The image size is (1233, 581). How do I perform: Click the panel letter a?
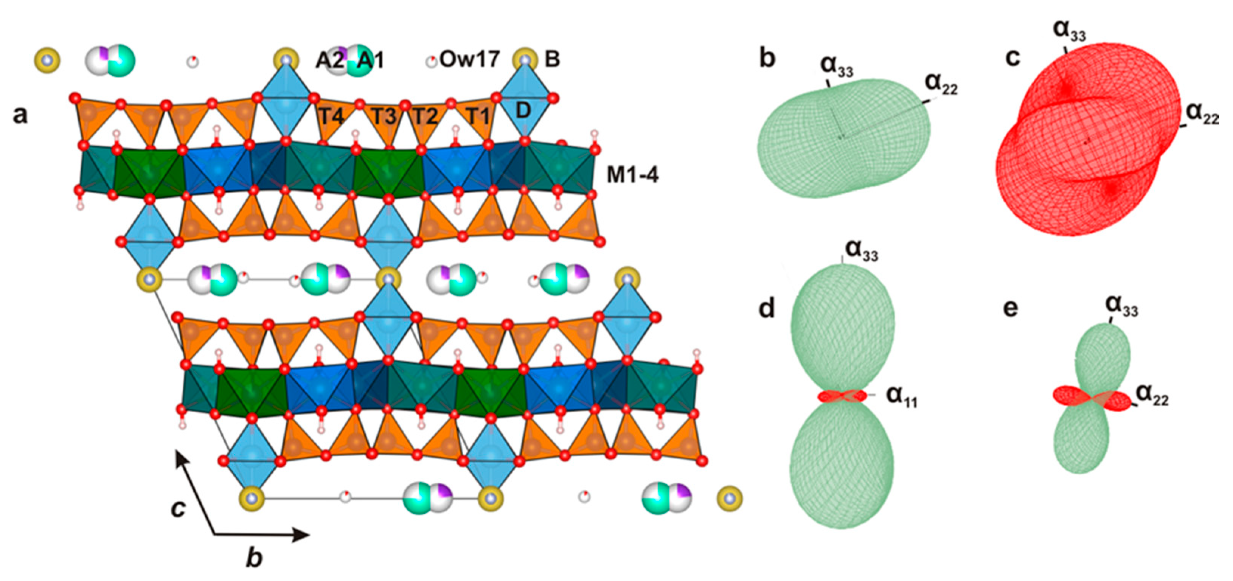[x=20, y=115]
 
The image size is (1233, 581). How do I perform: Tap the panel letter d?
[x=766, y=308]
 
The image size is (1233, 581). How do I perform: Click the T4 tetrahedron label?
[x=331, y=116]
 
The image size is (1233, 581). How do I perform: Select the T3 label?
[x=384, y=116]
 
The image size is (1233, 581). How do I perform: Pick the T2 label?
[x=425, y=116]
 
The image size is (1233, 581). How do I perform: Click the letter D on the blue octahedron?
[x=523, y=111]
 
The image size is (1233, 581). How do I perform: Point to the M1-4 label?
[x=632, y=175]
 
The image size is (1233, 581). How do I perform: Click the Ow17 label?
[x=469, y=59]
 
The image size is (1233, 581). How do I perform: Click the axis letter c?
[x=178, y=509]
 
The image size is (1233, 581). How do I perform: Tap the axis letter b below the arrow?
[x=254, y=558]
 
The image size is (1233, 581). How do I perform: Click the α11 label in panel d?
[x=901, y=396]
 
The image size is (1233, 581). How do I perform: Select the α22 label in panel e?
[x=1152, y=395]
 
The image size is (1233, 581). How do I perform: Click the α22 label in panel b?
[x=941, y=84]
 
